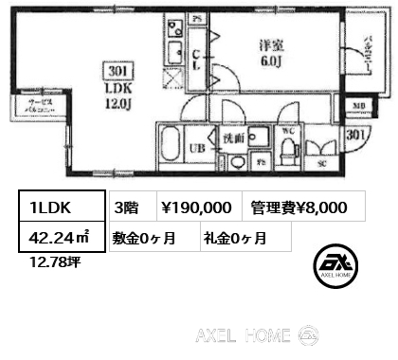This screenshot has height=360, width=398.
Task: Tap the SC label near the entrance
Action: click(319, 163)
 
